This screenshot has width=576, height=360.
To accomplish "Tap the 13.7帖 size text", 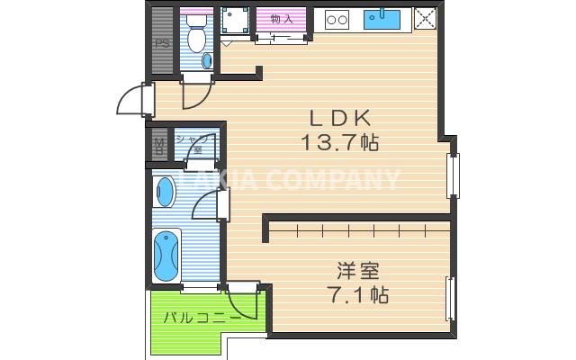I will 341,142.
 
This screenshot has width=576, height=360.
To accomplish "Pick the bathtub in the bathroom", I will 166,256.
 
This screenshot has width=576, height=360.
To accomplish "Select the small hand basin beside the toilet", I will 209,60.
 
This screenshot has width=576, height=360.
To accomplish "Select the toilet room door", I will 195,94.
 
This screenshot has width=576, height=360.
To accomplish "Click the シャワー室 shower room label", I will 194,145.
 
